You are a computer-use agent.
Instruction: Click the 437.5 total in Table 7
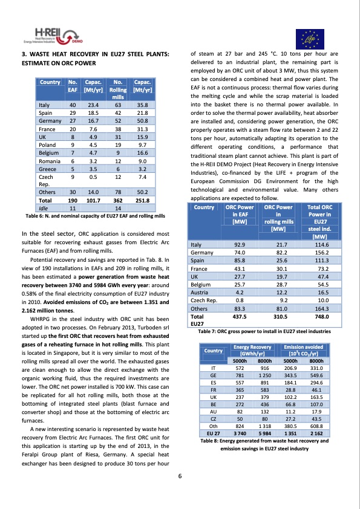pos(240,316)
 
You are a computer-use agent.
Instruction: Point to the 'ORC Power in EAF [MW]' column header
pos(240,214)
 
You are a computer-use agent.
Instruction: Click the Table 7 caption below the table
pos(264,331)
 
